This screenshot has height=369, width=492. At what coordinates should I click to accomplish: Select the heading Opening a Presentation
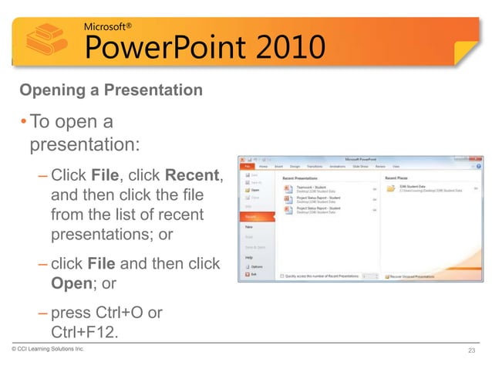[111, 91]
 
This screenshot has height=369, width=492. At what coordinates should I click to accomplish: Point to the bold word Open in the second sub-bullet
[71, 283]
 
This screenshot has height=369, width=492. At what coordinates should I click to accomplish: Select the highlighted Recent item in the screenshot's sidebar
[251, 217]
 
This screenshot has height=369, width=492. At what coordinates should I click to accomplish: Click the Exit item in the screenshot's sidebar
[251, 273]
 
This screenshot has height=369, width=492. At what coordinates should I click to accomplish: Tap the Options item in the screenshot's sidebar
[254, 266]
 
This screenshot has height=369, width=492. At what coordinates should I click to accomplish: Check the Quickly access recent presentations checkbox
[282, 275]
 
